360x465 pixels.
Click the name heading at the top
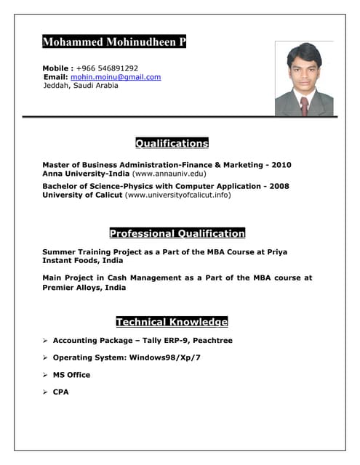pyautogui.click(x=114, y=42)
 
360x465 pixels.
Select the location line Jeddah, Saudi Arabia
pyautogui.click(x=80, y=86)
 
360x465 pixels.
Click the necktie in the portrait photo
pyautogui.click(x=304, y=106)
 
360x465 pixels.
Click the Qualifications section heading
pyautogui.click(x=172, y=143)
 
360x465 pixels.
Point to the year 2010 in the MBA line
pyautogui.click(x=281, y=165)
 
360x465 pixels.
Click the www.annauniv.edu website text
pyautogui.click(x=169, y=174)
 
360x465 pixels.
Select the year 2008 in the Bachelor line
pyautogui.click(x=279, y=186)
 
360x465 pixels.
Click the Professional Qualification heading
pyautogui.click(x=177, y=233)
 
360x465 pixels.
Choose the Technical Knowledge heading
pyautogui.click(x=172, y=322)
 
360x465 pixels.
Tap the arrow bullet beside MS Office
pyautogui.click(x=45, y=375)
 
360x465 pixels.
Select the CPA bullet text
pyautogui.click(x=60, y=392)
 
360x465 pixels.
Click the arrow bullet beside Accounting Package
pyautogui.click(x=45, y=340)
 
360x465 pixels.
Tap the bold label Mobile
pyautogui.click(x=56, y=68)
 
